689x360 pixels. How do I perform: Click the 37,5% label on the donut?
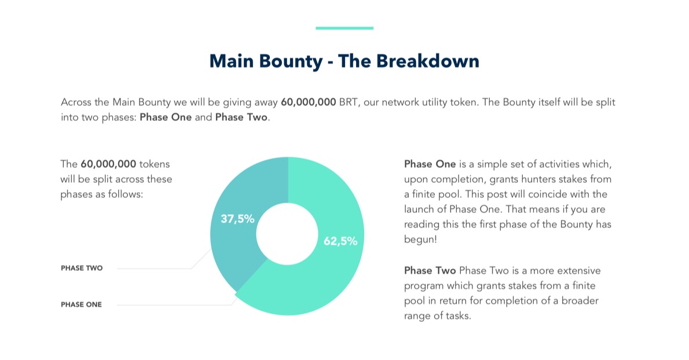click(237, 219)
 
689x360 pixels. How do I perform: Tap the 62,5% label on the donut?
click(340, 241)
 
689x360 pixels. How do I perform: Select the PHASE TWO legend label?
click(82, 268)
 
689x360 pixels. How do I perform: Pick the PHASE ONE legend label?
click(81, 304)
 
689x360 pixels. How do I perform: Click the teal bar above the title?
click(345, 28)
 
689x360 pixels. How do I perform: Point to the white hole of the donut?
click(287, 234)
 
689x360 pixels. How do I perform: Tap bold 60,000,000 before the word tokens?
click(108, 164)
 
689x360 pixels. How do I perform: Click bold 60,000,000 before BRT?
click(309, 102)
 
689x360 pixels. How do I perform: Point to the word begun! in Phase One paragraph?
click(420, 240)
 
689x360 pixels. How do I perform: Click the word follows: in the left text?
click(126, 194)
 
